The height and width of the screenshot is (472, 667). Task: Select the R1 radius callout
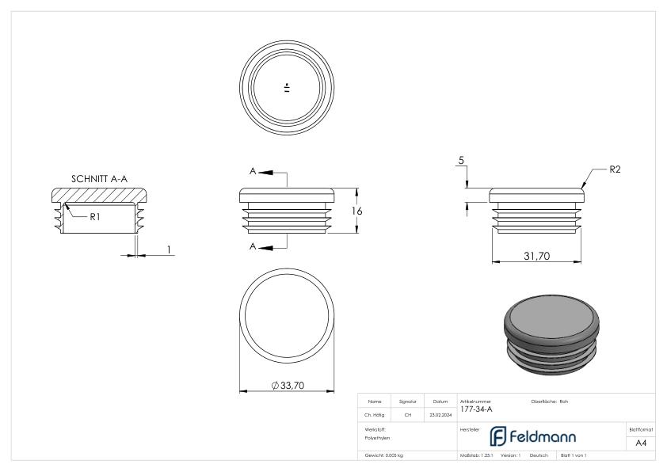(x=93, y=216)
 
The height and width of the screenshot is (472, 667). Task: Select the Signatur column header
(x=408, y=402)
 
